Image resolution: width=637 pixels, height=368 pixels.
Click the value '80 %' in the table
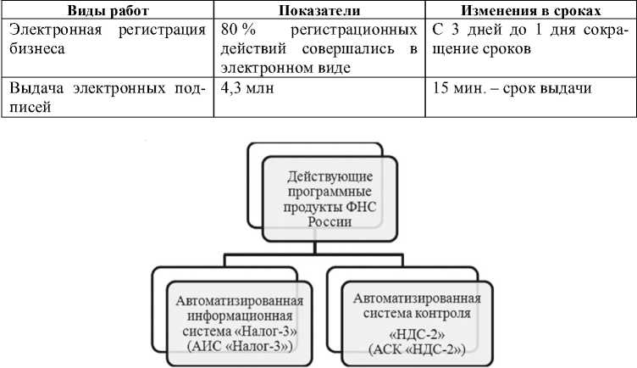(237, 31)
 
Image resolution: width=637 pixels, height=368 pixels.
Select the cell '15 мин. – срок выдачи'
(511, 87)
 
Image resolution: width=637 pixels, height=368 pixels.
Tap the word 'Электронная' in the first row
(51, 31)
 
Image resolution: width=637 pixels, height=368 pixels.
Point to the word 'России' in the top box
(318, 223)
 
